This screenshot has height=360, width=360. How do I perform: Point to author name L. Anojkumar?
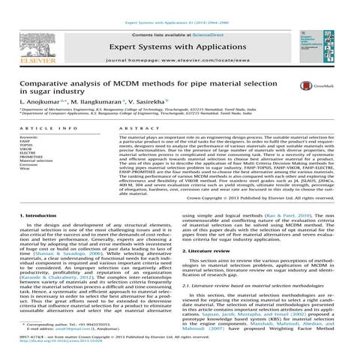pyautogui.click(x=38, y=100)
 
